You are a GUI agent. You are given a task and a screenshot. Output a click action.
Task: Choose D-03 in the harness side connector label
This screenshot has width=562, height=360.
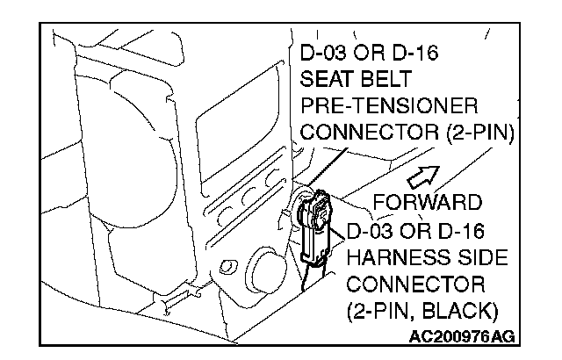[x=372, y=233]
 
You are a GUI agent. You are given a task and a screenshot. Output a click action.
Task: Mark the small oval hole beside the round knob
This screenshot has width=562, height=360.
[x=230, y=265]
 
